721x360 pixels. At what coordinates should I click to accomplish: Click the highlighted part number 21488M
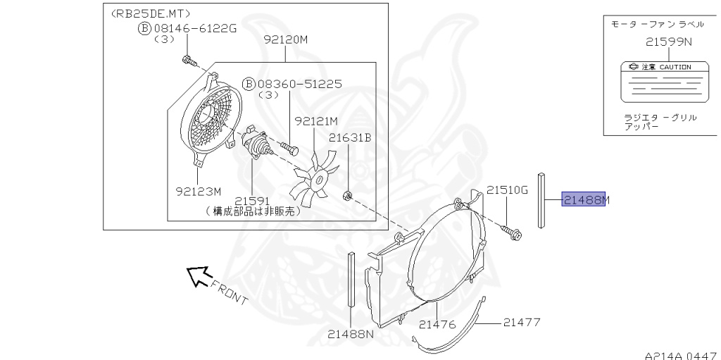(x=584, y=199)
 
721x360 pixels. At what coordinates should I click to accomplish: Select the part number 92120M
(x=286, y=39)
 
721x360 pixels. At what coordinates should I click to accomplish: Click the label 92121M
(x=316, y=121)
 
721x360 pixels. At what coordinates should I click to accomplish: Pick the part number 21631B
(x=350, y=137)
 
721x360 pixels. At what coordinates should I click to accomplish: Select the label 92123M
(x=199, y=191)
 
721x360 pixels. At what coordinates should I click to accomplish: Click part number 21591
(x=253, y=201)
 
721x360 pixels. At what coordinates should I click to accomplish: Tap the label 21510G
(x=508, y=190)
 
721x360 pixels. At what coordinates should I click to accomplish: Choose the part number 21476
(x=437, y=325)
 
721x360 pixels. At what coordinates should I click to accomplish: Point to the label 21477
(x=522, y=322)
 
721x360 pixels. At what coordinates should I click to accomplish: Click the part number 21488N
(x=351, y=334)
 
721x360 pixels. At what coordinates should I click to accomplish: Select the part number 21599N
(x=669, y=42)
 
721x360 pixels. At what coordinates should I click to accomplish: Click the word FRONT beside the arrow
(x=229, y=292)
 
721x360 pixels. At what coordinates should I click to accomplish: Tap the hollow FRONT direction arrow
(x=199, y=276)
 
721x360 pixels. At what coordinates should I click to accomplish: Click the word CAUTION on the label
(x=675, y=67)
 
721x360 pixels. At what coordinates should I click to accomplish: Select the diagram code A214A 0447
(x=682, y=355)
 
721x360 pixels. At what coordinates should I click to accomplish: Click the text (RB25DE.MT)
(x=151, y=14)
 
